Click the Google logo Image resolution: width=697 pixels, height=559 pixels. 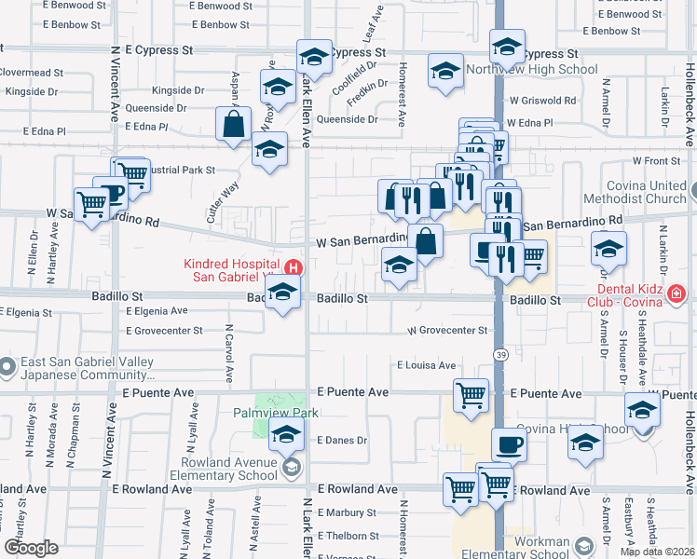click(31, 548)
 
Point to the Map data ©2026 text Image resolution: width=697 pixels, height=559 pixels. click(657, 552)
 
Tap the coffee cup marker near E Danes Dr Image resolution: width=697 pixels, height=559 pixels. click(509, 444)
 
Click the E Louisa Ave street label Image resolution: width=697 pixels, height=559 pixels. click(426, 366)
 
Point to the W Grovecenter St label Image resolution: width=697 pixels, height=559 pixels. click(447, 331)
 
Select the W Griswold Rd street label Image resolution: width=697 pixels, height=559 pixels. click(543, 100)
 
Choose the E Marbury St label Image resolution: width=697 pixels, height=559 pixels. click(346, 512)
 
